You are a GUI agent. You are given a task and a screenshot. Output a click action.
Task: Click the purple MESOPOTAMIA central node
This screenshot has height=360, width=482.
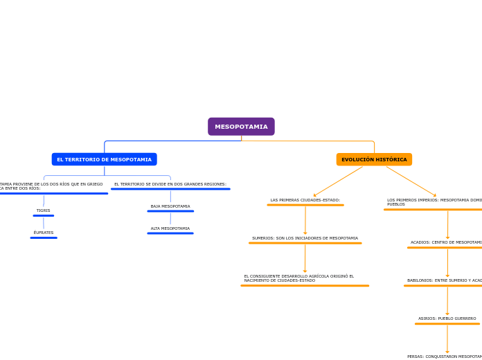241,127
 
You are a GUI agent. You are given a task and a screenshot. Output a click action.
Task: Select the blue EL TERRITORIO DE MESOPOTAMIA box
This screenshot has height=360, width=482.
104,159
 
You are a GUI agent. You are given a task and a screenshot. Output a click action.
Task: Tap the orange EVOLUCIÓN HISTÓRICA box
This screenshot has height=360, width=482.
374,159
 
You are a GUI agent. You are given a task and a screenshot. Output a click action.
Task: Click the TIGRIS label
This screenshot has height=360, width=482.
43,210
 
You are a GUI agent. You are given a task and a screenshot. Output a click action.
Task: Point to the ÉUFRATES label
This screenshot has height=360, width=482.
43,233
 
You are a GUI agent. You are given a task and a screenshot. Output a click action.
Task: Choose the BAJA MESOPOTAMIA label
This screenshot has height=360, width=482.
170,206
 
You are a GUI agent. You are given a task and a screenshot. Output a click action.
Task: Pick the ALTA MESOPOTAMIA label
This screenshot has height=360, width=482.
170,228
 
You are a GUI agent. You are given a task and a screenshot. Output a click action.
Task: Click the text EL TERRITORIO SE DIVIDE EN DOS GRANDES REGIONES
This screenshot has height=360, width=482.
170,184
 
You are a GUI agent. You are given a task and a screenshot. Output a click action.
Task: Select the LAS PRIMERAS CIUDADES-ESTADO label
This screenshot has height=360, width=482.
305,200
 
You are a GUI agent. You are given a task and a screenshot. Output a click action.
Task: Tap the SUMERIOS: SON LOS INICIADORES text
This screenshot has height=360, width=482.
305,238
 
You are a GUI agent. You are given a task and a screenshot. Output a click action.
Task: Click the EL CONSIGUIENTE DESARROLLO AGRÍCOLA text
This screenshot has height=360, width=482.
299,278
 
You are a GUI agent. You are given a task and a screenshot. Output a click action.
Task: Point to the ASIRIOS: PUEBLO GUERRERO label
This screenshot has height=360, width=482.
447,318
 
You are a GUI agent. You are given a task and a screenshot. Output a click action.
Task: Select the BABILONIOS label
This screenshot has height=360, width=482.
444,280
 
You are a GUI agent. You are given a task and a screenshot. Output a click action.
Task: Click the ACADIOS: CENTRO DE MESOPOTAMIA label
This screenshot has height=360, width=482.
445,242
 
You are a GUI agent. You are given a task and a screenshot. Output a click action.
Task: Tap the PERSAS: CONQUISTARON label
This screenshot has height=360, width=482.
444,357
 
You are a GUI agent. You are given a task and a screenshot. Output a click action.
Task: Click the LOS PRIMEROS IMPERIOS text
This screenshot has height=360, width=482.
434,201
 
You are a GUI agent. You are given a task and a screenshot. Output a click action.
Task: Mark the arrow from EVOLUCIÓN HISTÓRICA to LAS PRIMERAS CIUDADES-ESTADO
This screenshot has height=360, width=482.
338,181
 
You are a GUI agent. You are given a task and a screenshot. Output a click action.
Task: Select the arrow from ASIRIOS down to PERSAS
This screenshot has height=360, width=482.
447,339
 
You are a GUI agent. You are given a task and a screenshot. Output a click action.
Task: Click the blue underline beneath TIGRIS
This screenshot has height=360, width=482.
43,215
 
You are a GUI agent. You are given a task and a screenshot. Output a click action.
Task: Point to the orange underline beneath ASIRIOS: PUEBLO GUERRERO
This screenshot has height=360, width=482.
447,323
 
